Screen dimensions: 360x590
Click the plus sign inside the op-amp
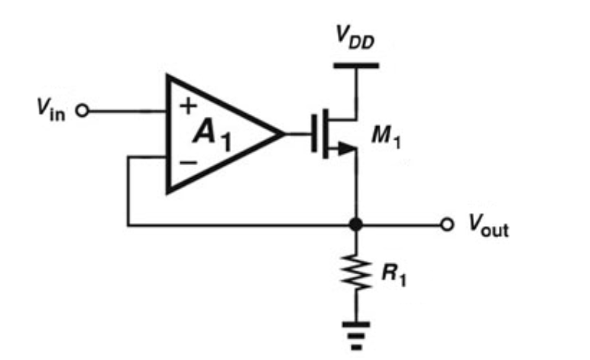pyautogui.click(x=186, y=108)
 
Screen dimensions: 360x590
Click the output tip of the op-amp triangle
pyautogui.click(x=283, y=135)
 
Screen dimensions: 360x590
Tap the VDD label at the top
pyautogui.click(x=355, y=39)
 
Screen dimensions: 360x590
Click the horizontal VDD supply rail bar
pyautogui.click(x=355, y=66)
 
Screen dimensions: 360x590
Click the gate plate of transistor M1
pyautogui.click(x=314, y=135)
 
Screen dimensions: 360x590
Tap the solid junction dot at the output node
pyautogui.click(x=355, y=225)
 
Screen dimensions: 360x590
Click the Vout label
pyautogui.click(x=486, y=227)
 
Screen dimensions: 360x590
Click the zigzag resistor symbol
pyautogui.click(x=355, y=273)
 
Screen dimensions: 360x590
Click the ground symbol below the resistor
pyautogui.click(x=355, y=330)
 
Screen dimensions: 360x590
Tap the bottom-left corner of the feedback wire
pyautogui.click(x=128, y=225)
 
